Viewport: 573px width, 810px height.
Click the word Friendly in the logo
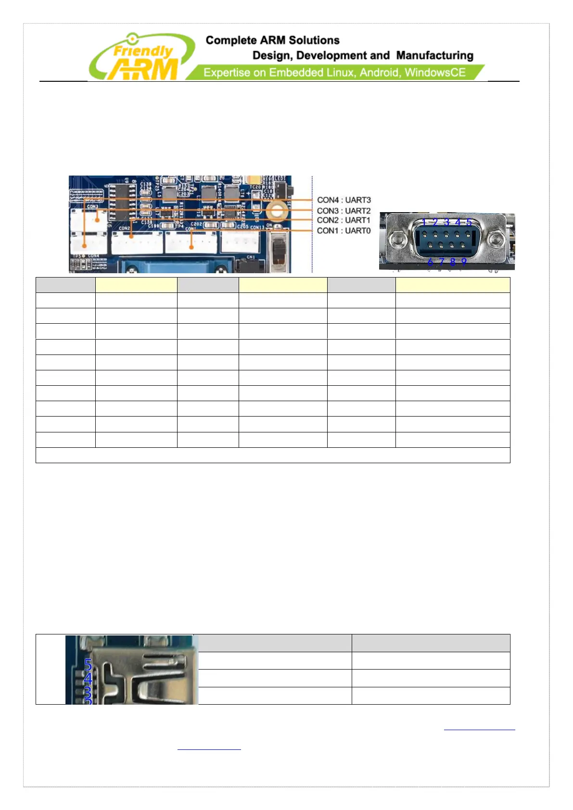pos(143,51)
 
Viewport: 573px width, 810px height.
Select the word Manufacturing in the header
pos(434,56)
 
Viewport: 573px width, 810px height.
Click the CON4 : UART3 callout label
pos(344,200)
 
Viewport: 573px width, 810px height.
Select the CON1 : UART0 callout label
pos(344,231)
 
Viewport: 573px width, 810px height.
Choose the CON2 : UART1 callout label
pos(344,220)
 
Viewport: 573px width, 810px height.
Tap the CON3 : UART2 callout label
pos(344,211)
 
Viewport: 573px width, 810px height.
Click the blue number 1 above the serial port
pos(424,222)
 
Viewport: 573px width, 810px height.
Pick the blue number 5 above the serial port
pos(469,222)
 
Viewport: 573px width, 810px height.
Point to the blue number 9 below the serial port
pos(464,262)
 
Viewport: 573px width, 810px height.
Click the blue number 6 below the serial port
pos(430,262)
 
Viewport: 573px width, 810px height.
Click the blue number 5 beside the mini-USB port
pos(88,665)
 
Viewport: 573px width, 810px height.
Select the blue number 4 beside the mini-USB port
pos(88,679)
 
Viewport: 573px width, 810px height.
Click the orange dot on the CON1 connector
pos(191,247)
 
